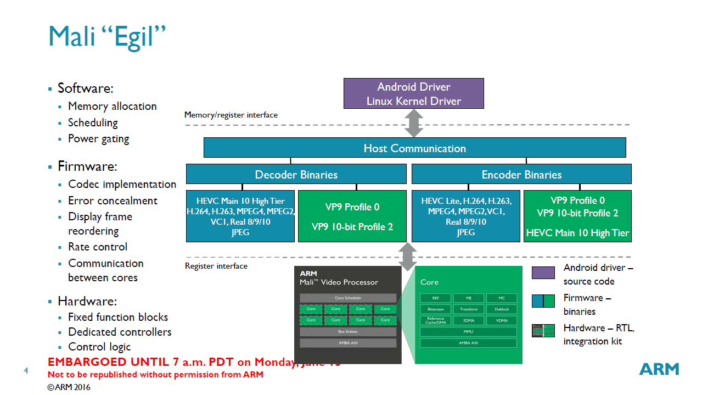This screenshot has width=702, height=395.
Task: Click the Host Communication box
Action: click(x=414, y=148)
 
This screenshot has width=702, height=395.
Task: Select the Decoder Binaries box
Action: click(x=296, y=174)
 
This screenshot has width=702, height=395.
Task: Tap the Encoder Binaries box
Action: click(x=521, y=174)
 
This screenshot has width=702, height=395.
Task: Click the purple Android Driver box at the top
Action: click(x=413, y=93)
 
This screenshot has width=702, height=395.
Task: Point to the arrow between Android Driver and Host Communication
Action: click(x=413, y=123)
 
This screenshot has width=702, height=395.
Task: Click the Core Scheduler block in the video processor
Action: click(x=348, y=298)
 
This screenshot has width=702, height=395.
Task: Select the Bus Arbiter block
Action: click(x=348, y=332)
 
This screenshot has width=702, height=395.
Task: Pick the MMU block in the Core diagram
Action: click(x=468, y=332)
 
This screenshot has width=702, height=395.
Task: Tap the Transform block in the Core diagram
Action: click(x=468, y=309)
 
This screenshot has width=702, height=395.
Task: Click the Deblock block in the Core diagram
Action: click(x=502, y=309)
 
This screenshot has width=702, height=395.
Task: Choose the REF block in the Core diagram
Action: click(x=435, y=298)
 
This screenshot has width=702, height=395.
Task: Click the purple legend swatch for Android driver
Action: click(x=543, y=272)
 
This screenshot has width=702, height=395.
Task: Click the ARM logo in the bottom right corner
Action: click(x=659, y=369)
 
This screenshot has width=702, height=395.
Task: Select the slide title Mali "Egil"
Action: click(x=107, y=36)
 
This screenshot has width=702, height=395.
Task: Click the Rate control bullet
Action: click(x=98, y=247)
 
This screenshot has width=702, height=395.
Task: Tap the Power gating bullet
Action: click(x=98, y=138)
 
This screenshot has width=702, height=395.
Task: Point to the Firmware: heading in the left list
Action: click(x=87, y=166)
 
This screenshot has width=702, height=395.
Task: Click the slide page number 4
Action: click(x=26, y=371)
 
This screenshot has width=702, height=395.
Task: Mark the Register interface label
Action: click(x=216, y=266)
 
